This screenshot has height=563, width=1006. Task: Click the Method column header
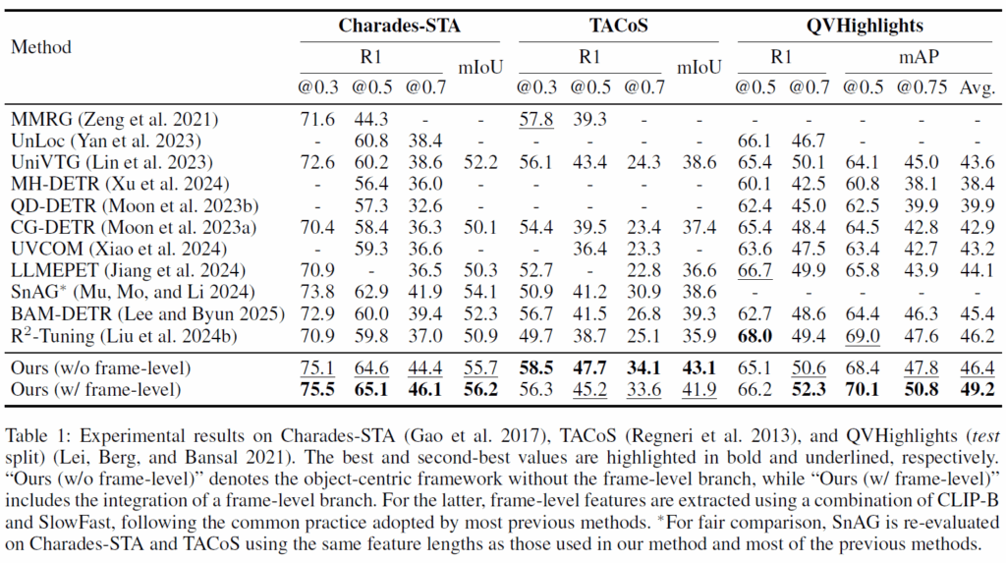[41, 46]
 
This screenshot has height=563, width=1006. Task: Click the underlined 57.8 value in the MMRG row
[535, 119]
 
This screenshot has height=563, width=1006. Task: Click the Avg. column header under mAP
[976, 87]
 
